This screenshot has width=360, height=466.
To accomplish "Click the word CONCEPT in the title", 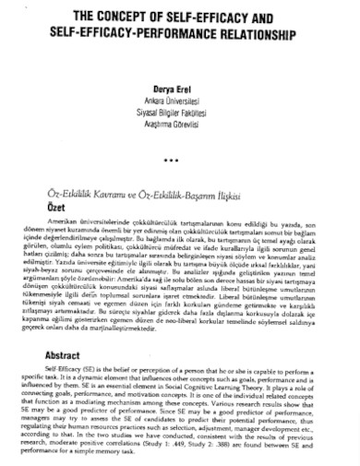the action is click(x=103, y=17).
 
